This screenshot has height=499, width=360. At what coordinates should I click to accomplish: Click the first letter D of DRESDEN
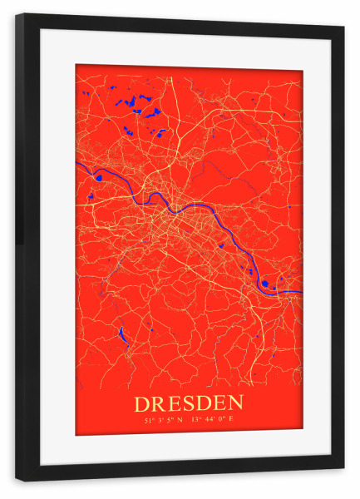[143, 403]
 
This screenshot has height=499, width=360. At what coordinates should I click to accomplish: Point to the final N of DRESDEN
[237, 403]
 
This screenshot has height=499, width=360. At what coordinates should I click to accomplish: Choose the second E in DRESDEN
[222, 403]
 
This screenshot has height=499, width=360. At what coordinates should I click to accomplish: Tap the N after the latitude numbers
[180, 420]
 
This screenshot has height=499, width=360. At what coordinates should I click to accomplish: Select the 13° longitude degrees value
[196, 420]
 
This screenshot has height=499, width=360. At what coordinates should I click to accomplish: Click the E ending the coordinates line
[231, 420]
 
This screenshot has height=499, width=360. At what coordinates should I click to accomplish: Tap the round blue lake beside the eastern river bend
[264, 284]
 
